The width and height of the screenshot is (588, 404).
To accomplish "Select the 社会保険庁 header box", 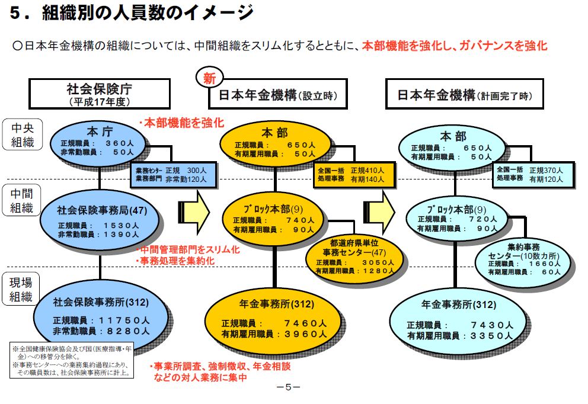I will click(100, 94).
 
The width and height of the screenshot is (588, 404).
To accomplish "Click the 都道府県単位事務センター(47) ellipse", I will click(350, 256).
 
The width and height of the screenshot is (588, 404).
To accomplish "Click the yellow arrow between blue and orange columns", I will click(194, 209).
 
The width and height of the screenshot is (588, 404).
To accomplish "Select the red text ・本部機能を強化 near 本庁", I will click(181, 123).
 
